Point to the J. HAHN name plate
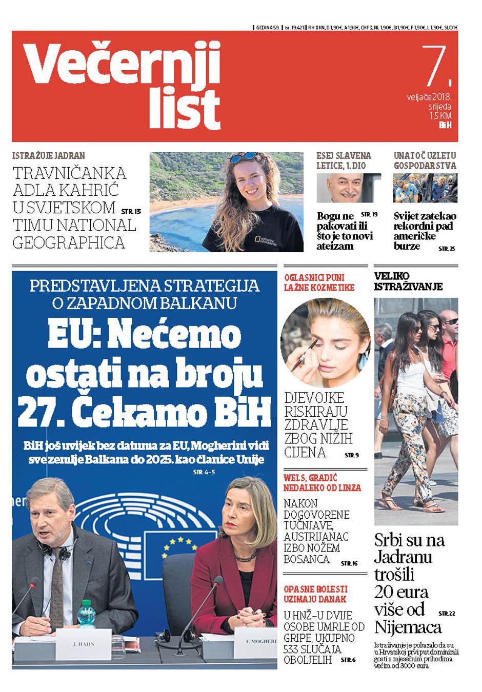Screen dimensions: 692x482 pos(83,644)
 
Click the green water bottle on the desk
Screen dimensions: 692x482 pos(86,617)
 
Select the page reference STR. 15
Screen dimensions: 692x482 pos(131,211)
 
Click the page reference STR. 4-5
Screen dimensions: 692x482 pos(204,472)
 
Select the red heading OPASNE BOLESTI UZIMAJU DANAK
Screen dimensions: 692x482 pos(315,594)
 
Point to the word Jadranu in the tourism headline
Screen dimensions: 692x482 pos(403,557)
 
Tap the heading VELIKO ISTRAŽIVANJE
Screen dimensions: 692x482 pos(408,281)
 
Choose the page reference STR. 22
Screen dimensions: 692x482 pos(447,613)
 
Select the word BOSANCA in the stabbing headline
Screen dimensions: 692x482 pos(307,559)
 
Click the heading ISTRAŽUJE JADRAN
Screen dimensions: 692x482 pos(49,155)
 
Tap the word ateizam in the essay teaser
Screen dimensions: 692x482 pos(335,246)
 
